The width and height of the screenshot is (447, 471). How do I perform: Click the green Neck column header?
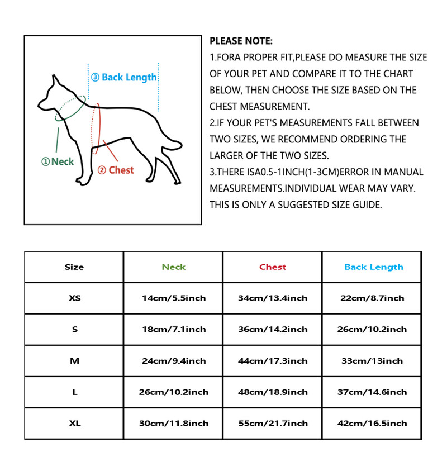[x=173, y=267]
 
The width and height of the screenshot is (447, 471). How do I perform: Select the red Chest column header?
[x=273, y=267]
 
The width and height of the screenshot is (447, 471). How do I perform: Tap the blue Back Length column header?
[x=373, y=267]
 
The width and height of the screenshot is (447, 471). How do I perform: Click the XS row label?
[x=74, y=298]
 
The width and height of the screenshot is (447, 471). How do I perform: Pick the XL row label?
[x=74, y=424]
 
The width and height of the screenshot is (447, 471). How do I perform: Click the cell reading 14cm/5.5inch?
[x=173, y=298]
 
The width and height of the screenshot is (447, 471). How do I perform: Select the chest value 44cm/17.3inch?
[x=273, y=361]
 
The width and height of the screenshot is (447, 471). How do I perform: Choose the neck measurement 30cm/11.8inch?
[x=173, y=424]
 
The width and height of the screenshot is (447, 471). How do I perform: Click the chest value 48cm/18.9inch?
[x=273, y=392]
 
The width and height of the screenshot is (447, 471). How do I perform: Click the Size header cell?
[x=74, y=267]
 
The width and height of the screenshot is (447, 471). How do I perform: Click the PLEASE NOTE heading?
[x=241, y=41]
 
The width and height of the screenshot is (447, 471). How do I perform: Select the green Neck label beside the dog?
[x=58, y=161]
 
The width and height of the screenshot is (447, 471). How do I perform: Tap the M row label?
[x=74, y=361]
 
